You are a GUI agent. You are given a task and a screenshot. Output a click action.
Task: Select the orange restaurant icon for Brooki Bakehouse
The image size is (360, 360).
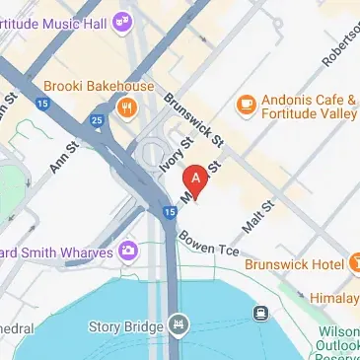pyautogui.click(x=126, y=108)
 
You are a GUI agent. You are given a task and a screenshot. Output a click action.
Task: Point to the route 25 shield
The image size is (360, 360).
pyautogui.click(x=96, y=121)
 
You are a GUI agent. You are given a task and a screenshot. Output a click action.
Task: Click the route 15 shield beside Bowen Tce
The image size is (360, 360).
pyautogui.click(x=170, y=211)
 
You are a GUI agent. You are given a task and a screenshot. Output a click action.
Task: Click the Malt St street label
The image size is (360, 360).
pyautogui.click(x=256, y=213)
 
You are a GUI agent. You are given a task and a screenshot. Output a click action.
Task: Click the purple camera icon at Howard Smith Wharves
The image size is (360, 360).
pyautogui.click(x=127, y=252)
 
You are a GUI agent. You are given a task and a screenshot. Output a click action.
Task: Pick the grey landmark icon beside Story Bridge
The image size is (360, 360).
pyautogui.click(x=178, y=323)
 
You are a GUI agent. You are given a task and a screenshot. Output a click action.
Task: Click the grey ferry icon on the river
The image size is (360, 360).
pyautogui.click(x=261, y=314)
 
